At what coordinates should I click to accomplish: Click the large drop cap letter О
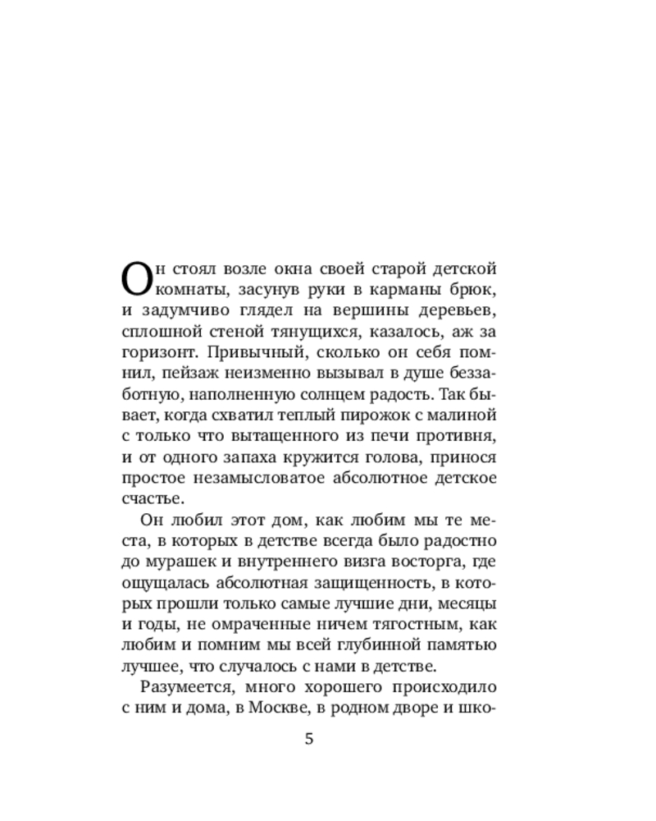click(137, 279)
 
